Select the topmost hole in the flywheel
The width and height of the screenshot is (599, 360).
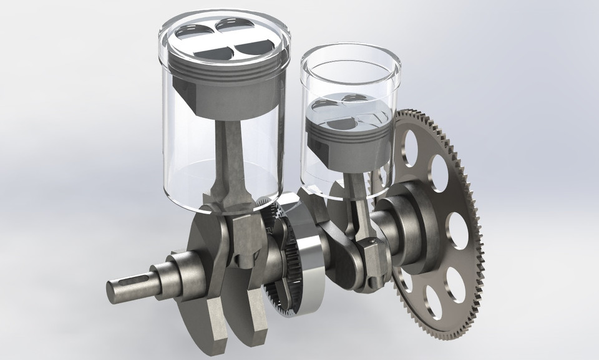pyautogui.click(x=410, y=144)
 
